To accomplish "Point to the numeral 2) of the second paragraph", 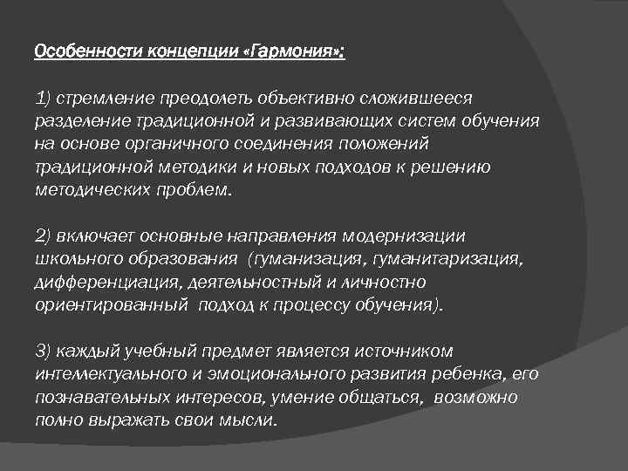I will pyautogui.click(x=44, y=235).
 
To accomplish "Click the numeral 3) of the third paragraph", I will pyautogui.click(x=44, y=351).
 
